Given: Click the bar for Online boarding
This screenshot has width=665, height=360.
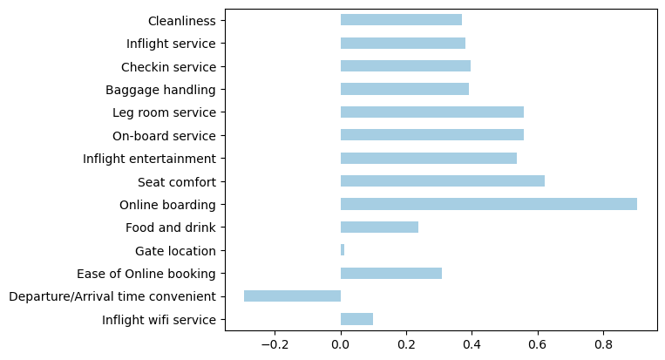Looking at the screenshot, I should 488,204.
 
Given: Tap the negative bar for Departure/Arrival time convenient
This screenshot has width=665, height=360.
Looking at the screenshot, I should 292,296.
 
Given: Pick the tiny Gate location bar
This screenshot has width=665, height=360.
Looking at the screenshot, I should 343,250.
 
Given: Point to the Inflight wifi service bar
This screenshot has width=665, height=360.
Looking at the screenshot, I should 356,319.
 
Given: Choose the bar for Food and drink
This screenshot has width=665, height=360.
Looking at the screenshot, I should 379,228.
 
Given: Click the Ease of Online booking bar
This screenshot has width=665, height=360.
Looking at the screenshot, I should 391,273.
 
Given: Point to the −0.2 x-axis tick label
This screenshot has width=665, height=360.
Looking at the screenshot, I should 274,344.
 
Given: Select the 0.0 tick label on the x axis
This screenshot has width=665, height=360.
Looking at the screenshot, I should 341,344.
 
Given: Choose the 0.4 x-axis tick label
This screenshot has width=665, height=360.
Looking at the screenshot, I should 472,344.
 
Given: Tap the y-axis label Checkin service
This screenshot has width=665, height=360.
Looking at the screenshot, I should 168,66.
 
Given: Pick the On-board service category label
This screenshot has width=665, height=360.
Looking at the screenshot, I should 164,135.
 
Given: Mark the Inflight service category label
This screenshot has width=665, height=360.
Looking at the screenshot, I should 171,43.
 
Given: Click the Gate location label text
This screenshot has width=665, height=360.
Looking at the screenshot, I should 175,250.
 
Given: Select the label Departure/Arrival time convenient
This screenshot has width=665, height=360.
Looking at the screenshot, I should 112,296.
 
